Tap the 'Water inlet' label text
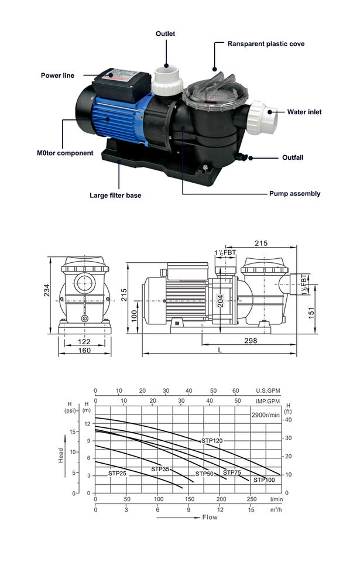click(304, 112)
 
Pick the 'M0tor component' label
click(61, 153)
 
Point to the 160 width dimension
click(84, 351)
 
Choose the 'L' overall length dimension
click(220, 349)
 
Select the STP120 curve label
click(212, 440)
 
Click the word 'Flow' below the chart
click(210, 518)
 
